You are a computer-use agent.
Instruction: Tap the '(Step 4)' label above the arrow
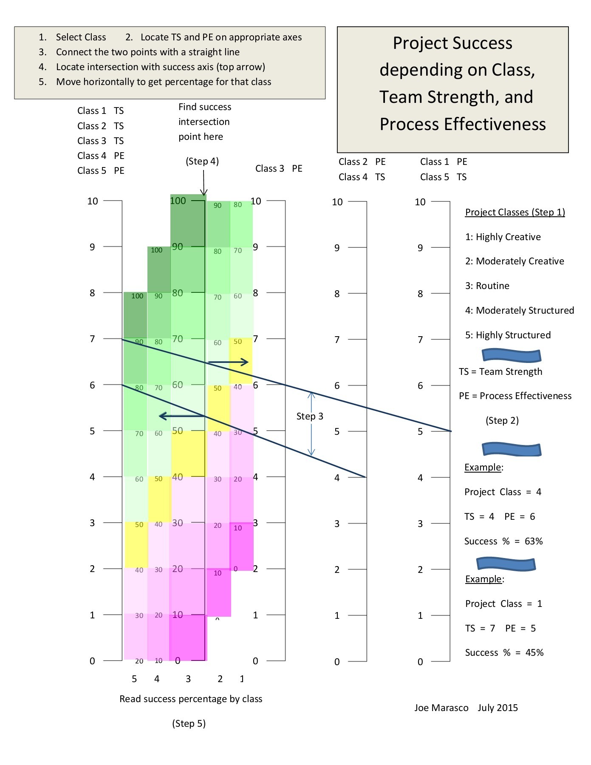coord(202,161)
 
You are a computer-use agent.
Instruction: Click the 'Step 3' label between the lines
coord(310,416)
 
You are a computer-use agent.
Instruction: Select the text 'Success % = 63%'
coord(503,541)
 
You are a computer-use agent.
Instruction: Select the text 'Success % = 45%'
coord(504,652)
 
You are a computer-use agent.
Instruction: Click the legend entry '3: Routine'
coord(487,286)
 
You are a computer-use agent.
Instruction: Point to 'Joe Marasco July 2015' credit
coord(466,708)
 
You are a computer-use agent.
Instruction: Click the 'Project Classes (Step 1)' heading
coord(515,212)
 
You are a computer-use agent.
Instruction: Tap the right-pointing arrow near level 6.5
coord(229,362)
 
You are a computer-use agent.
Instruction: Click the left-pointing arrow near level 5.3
coord(182,416)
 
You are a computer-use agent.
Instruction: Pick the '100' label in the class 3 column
coord(178,201)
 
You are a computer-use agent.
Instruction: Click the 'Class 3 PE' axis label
coord(279,168)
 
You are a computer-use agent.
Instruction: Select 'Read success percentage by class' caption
coord(191,699)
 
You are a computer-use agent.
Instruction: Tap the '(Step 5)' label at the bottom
coord(189,723)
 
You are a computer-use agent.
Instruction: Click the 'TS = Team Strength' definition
coord(501,371)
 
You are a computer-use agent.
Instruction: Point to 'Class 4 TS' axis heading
coord(362,177)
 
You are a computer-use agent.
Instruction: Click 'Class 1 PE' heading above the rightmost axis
coord(444,161)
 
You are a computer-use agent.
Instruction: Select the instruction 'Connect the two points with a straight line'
coord(147,52)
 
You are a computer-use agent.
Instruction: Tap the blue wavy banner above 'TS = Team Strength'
coord(512,355)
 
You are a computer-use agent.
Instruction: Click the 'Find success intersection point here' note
coord(204,122)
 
